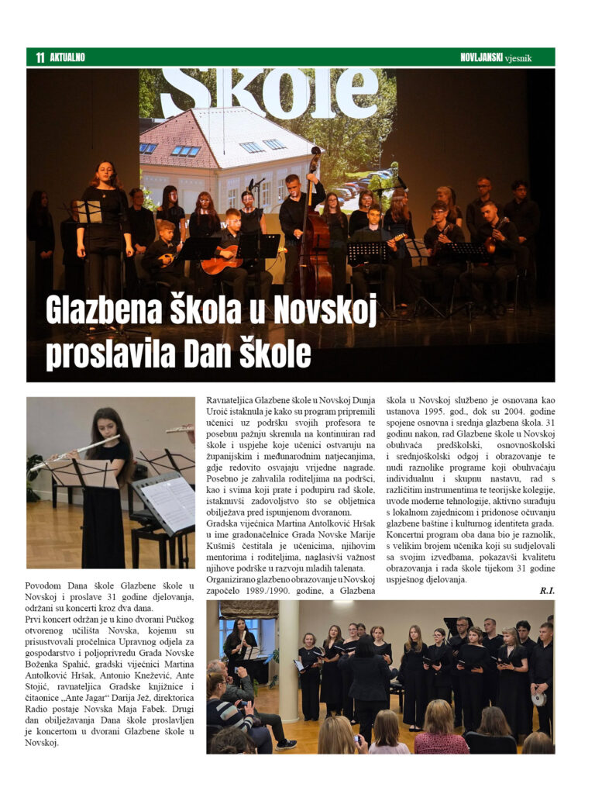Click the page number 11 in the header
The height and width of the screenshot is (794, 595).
coord(40,57)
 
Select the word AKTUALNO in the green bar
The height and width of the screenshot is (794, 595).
coord(67,57)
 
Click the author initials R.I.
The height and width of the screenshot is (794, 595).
coord(547,591)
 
